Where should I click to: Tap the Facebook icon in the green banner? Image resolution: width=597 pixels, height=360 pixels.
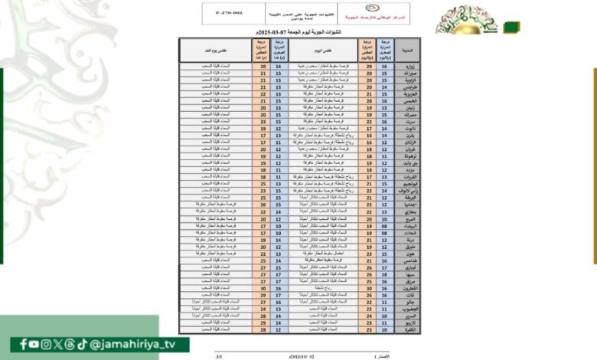pyautogui.click(x=24, y=344)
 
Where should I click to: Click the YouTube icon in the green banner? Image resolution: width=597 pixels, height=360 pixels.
pyautogui.click(x=35, y=344)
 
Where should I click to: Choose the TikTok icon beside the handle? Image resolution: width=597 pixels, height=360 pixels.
pyautogui.click(x=81, y=344)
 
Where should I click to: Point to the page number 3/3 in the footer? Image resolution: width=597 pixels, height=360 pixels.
pyautogui.click(x=219, y=356)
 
